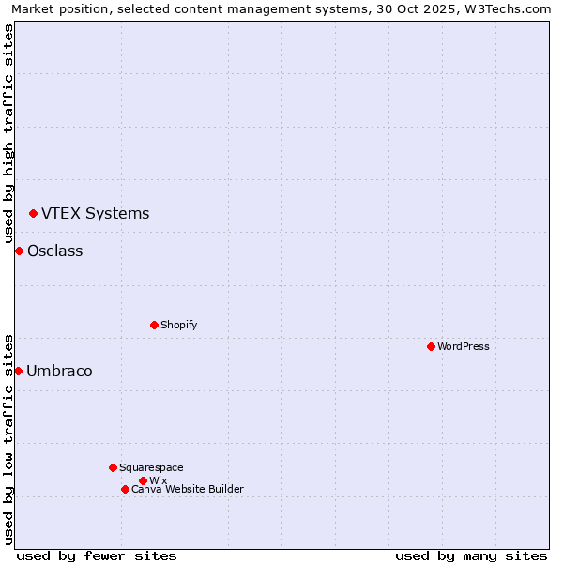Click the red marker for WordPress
(x=431, y=346)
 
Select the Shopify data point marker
(x=154, y=325)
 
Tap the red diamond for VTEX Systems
(x=33, y=213)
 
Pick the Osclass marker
(x=19, y=251)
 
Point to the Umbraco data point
(x=18, y=371)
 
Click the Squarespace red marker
(x=113, y=467)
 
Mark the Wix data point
(x=143, y=480)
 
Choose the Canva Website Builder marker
(x=125, y=489)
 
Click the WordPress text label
(x=464, y=346)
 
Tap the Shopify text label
(x=178, y=325)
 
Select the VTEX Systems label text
(x=95, y=213)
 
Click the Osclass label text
(x=54, y=251)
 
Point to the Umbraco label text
(x=59, y=371)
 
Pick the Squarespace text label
(x=151, y=467)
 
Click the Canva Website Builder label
(x=188, y=489)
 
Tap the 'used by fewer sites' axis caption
(x=97, y=555)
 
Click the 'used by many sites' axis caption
(x=471, y=555)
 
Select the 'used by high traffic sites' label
(x=8, y=133)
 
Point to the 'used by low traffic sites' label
(x=8, y=438)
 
